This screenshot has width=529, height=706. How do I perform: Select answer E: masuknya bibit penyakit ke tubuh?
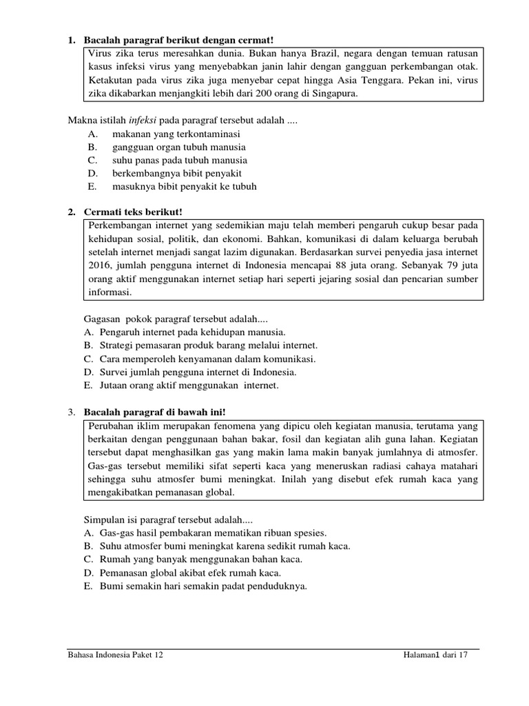coord(185,186)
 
